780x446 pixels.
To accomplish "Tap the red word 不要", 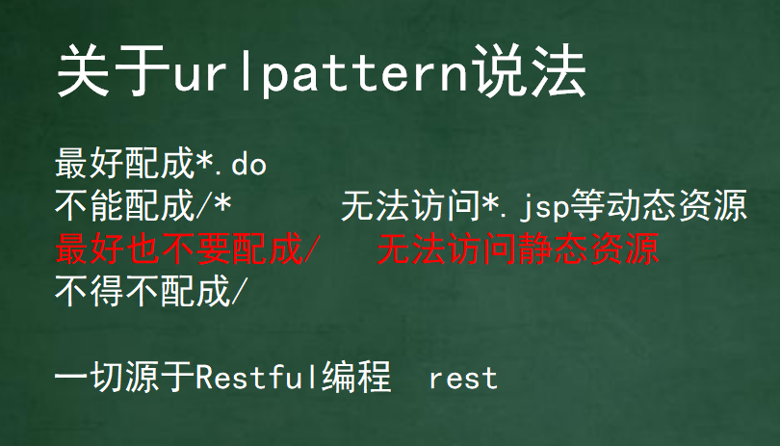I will tap(195, 249).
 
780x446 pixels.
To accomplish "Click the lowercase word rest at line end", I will tap(463, 379).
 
